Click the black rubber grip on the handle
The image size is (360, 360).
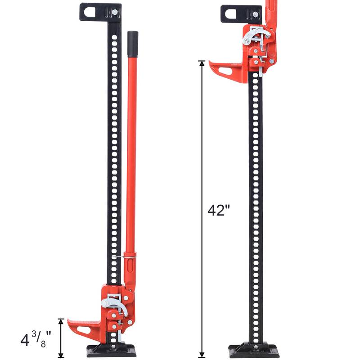coord(132,44)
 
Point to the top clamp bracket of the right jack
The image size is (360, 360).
coord(241,14)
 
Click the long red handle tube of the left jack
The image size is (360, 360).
coord(131,157)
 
